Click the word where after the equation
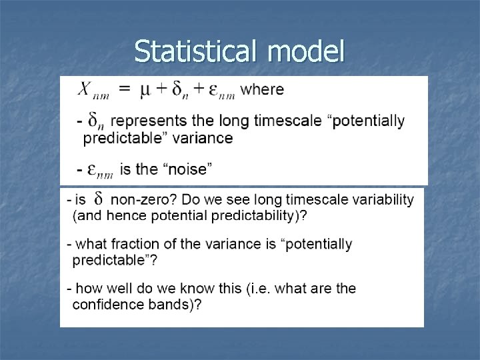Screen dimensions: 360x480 click(261, 89)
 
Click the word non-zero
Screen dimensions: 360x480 click(139, 199)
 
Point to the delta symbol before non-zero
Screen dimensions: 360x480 click(98, 199)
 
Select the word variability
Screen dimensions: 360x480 click(381, 199)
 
